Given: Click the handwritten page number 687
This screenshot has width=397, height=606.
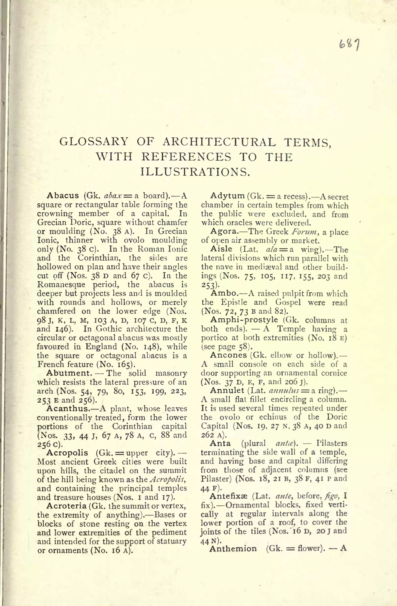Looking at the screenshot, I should [349, 45].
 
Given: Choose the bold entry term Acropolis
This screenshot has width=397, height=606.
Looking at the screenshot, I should [67, 453].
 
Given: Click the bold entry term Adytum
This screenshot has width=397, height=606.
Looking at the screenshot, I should [227, 196].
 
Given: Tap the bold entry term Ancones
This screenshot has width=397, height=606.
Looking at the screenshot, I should [228, 355].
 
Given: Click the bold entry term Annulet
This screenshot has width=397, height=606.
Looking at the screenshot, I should [227, 390].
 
